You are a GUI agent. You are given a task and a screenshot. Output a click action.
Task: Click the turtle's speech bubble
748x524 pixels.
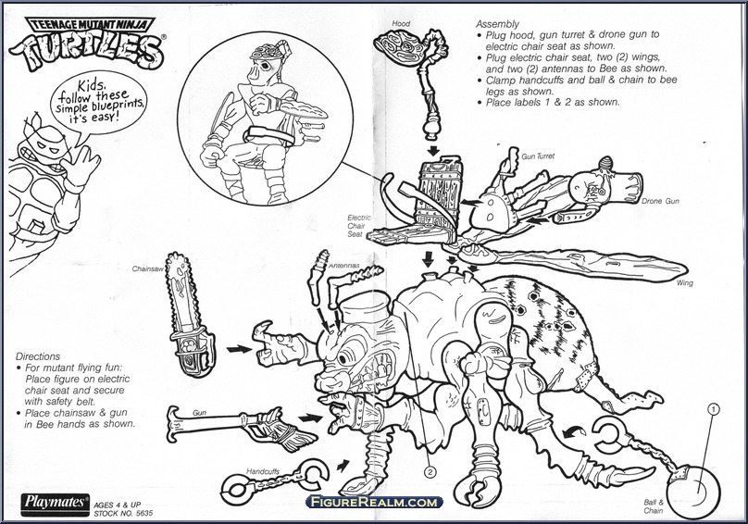coord(99,105)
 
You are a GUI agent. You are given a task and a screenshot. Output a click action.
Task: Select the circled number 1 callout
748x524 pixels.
coord(713,409)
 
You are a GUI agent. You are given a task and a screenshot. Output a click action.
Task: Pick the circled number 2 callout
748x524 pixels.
coord(430,472)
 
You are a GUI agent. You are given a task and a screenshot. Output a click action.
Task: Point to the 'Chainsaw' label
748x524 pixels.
coord(147,269)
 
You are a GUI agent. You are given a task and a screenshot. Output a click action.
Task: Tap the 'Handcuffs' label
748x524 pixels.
coord(263,471)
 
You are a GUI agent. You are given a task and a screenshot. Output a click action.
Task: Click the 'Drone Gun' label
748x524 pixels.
coord(660,202)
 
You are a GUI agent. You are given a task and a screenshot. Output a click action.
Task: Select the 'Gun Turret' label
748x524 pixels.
coord(538,156)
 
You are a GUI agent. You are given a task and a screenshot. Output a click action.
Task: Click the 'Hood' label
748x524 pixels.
coord(401,23)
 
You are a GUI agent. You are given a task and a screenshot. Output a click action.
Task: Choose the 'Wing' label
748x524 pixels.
coord(684,283)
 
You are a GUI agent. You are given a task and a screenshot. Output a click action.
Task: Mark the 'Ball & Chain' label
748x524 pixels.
coord(653,506)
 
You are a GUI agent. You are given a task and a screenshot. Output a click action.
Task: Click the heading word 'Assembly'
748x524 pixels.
coord(497,24)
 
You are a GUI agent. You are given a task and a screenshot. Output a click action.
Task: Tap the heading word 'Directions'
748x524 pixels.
coord(38,356)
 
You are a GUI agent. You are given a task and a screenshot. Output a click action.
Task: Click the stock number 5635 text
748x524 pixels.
coord(123,514)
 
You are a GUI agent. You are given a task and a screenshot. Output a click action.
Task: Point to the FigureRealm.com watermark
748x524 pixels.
coord(374,502)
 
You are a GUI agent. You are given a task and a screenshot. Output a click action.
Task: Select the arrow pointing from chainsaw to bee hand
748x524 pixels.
coord(239,349)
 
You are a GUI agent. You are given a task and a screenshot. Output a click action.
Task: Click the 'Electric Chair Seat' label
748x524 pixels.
coord(359,226)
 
